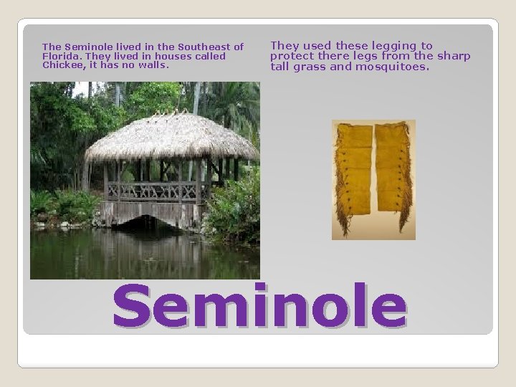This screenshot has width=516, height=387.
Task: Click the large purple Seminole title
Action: pos(259,306)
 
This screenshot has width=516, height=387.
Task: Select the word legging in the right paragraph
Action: pos(386,46)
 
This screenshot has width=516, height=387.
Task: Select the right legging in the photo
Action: pos(393,176)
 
